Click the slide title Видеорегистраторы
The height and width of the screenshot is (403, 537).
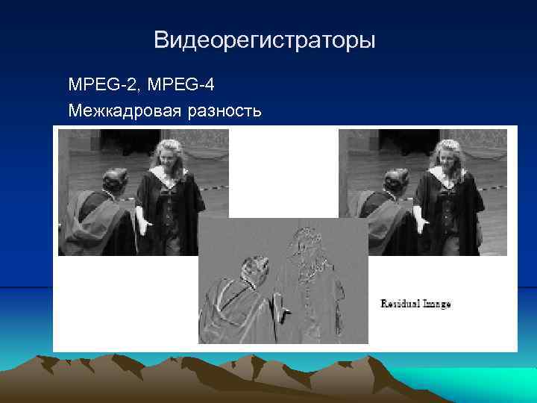264,40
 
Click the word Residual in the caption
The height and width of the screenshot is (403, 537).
401,304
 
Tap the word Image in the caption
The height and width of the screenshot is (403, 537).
437,304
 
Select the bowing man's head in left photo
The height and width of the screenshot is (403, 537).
114,180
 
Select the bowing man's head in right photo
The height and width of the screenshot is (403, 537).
394,180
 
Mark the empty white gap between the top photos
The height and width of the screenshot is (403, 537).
283,172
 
